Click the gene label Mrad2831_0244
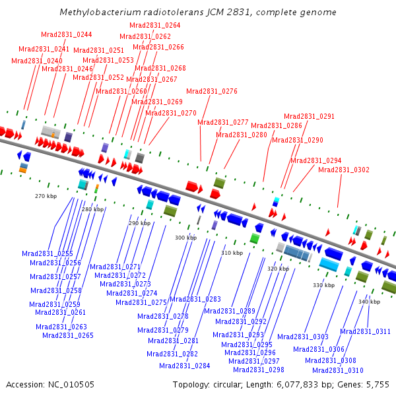(66, 34)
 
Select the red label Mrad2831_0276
(211, 91)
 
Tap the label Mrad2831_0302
(343, 170)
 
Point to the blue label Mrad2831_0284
(184, 366)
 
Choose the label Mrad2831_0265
(67, 335)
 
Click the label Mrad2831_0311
(365, 331)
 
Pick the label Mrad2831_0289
(229, 311)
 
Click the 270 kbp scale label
(46, 196)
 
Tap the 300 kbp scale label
(185, 238)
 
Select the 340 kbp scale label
(370, 302)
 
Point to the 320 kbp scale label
(278, 269)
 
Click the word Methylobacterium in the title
(98, 13)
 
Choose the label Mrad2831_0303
(302, 337)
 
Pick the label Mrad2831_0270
(171, 113)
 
